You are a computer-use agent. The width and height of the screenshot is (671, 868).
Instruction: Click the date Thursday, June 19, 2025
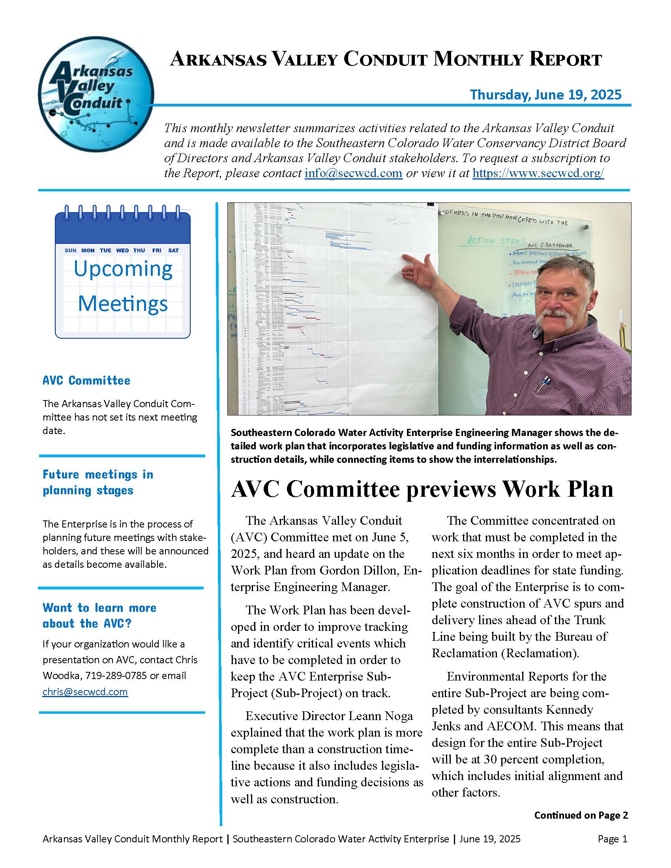pos(545,95)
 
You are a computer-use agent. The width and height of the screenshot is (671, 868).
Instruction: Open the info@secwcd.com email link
pos(353,174)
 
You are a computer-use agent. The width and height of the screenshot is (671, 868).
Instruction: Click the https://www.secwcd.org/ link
pos(538,174)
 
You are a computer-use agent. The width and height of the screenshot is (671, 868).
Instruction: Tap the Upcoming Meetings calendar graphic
pos(122,272)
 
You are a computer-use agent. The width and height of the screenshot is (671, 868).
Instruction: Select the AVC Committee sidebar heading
pos(86,380)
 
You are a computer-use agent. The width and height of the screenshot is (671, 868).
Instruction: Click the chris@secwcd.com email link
pos(85,692)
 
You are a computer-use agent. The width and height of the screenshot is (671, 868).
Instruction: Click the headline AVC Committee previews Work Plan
pos(422,489)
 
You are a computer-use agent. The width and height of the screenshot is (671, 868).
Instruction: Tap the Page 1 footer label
pos(612,839)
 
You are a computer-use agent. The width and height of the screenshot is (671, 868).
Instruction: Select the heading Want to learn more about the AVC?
pos(99,615)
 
